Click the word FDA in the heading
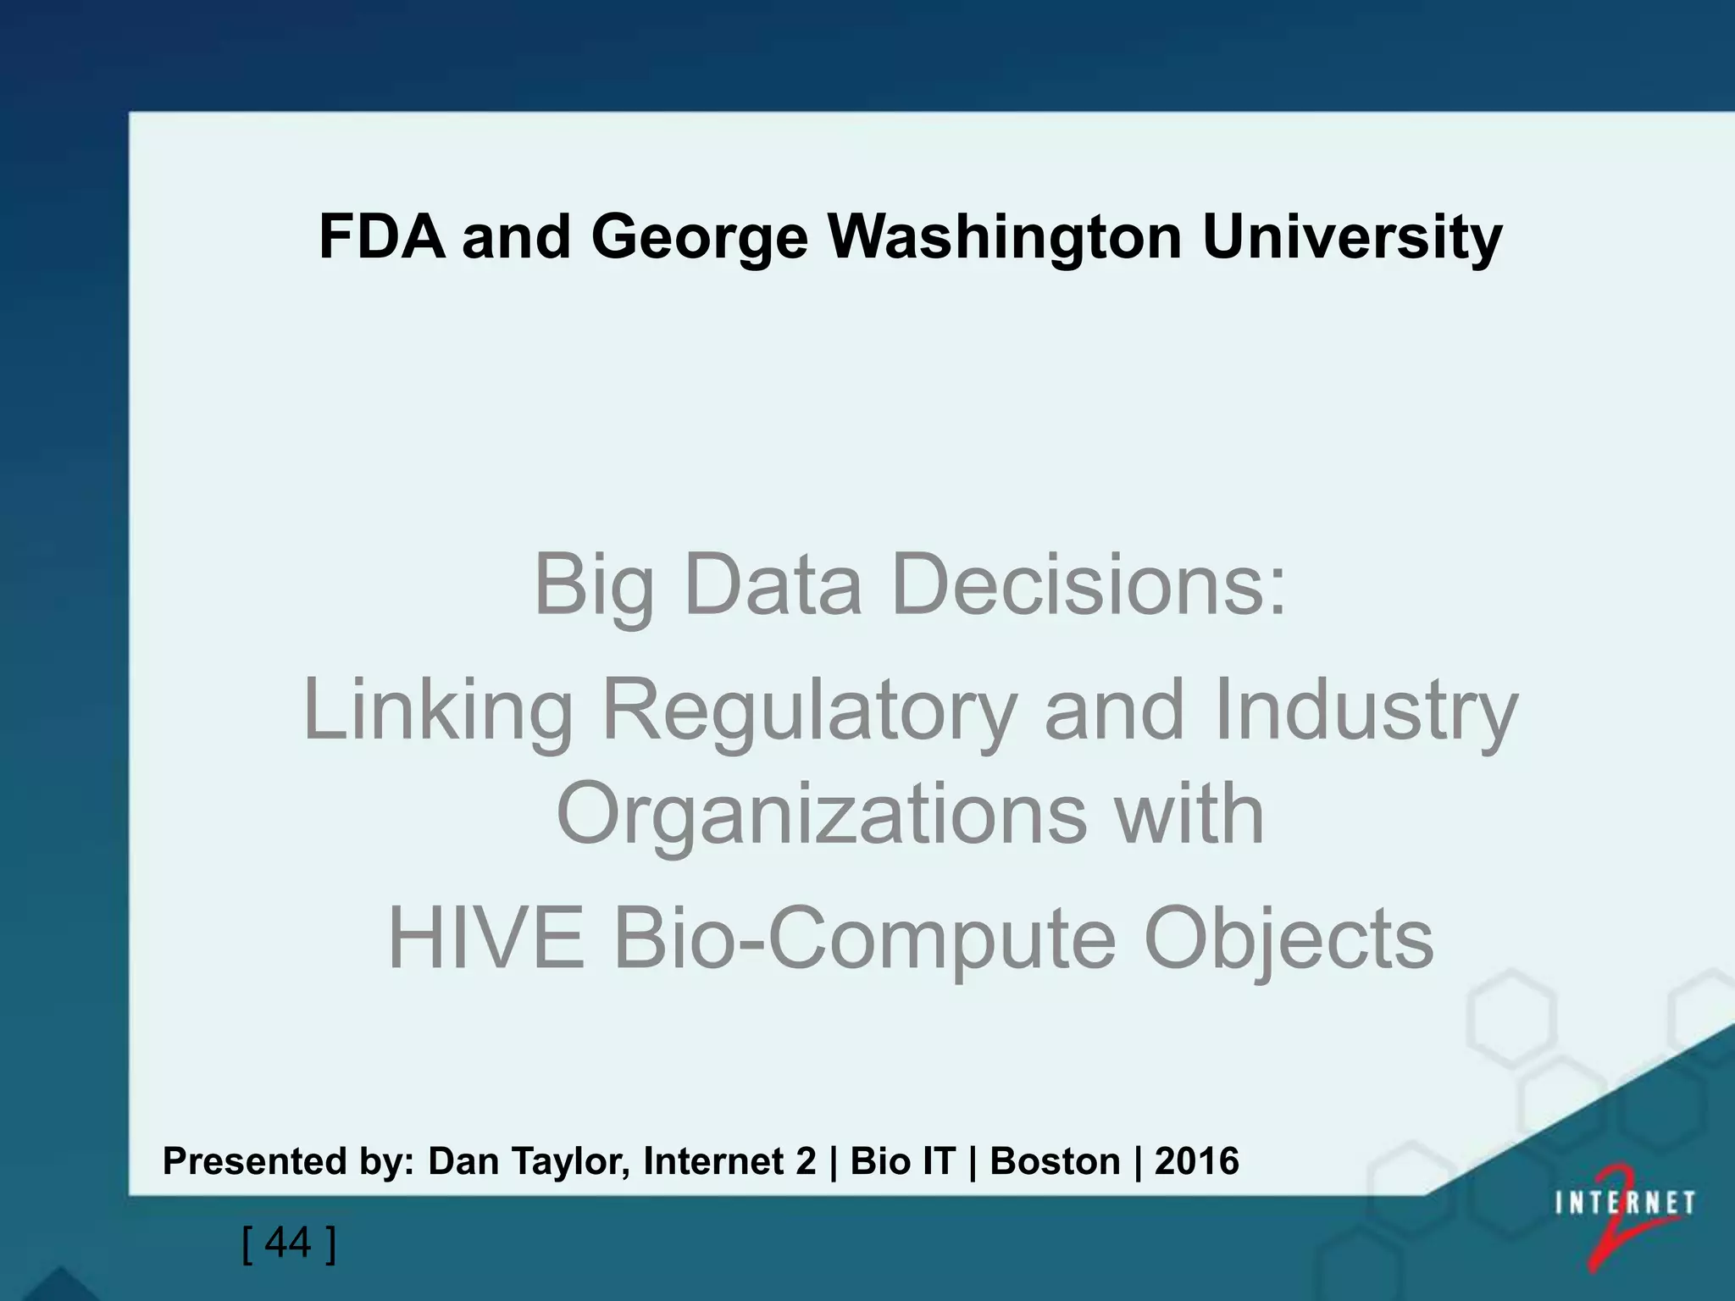tap(381, 237)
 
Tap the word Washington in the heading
tap(1005, 239)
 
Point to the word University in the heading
tap(1352, 239)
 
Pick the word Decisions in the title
tap(1089, 584)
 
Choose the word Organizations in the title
tap(822, 813)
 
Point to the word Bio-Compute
tap(864, 938)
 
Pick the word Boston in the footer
tap(1055, 1161)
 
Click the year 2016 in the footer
tap(1196, 1161)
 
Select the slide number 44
tap(289, 1243)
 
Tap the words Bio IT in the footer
tap(902, 1161)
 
